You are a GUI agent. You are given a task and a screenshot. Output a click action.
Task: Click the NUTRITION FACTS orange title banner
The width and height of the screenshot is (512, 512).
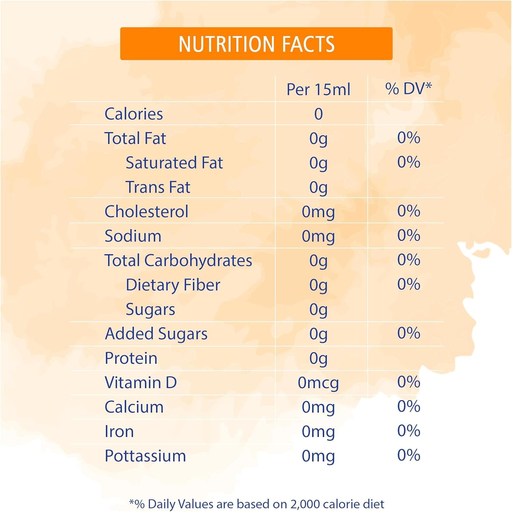pos(256,44)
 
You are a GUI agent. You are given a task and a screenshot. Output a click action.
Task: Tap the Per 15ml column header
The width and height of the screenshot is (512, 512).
pos(318,89)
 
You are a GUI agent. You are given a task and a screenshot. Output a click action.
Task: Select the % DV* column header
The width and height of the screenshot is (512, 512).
pos(408,89)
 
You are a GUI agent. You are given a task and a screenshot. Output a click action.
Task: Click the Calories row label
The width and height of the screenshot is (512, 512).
pos(133,114)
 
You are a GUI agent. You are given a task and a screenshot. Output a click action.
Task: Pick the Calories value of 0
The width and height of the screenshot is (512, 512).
pos(318,114)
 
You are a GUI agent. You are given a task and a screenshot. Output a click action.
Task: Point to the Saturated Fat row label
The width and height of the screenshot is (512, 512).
pos(174,163)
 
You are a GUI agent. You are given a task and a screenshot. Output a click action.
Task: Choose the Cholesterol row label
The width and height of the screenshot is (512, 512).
pos(146,212)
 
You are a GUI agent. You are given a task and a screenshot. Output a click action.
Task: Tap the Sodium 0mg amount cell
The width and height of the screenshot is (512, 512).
pos(318,236)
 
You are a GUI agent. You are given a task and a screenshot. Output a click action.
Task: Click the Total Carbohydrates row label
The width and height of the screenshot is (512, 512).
pos(178,260)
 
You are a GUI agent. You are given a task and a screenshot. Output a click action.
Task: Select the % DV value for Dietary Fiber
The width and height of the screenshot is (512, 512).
pos(409,284)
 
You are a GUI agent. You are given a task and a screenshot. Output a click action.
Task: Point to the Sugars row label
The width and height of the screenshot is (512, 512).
pos(150,310)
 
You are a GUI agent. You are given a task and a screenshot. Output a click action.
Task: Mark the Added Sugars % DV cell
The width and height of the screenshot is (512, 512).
pos(409,333)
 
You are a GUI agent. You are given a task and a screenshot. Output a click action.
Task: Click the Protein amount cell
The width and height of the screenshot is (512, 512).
pos(318,358)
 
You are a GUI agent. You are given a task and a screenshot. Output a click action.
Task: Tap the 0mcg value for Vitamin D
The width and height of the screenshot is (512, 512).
pos(318,383)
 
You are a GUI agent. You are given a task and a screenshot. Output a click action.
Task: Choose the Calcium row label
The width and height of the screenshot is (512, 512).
pos(134,407)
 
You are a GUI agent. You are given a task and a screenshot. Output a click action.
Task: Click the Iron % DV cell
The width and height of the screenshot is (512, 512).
pos(409,431)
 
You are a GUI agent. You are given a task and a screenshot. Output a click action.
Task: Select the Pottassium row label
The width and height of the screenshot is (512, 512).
pos(145,456)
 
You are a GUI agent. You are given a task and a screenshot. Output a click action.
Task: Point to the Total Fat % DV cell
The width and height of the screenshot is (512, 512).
pos(409,138)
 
